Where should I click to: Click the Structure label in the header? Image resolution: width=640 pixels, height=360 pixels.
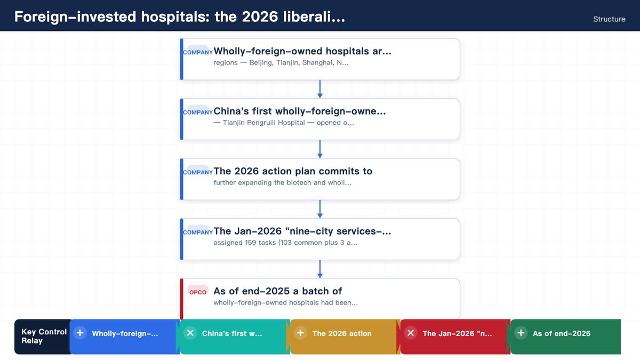(609, 19)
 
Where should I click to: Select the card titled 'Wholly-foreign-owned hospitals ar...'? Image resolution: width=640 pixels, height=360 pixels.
(320, 59)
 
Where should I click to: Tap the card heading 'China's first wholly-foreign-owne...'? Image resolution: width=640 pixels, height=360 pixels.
(299, 111)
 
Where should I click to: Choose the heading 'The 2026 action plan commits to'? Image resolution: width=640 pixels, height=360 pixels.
(293, 171)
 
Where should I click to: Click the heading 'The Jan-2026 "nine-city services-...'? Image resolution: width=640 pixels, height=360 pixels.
(302, 231)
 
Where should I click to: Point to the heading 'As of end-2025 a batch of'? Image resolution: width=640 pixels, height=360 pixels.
(277, 291)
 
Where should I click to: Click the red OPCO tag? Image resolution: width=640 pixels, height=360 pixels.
(198, 292)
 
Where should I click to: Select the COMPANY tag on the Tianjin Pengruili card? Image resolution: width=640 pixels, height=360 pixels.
(198, 112)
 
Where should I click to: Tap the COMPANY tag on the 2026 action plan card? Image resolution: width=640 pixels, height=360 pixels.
(198, 172)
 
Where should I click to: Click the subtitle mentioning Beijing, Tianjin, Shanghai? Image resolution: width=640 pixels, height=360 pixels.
(281, 62)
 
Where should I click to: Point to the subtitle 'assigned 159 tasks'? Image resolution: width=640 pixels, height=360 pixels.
(285, 243)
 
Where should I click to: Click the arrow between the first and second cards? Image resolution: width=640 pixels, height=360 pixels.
(320, 89)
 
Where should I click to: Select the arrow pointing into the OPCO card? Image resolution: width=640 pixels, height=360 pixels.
(320, 269)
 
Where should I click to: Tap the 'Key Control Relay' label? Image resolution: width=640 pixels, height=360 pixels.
(44, 336)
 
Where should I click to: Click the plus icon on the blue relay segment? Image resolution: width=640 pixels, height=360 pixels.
(80, 333)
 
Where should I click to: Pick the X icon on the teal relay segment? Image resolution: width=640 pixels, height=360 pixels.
(190, 333)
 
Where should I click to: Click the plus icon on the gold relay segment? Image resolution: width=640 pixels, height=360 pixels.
(301, 333)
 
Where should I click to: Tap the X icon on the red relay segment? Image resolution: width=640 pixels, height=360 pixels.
(411, 333)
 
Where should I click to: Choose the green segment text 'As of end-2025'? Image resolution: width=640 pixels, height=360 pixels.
(562, 333)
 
